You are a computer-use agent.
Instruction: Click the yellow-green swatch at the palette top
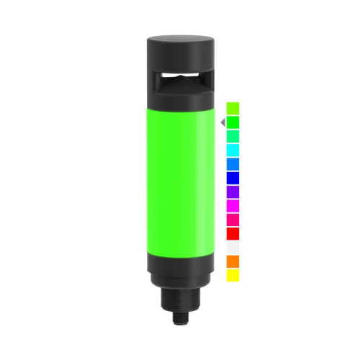[x=233, y=108]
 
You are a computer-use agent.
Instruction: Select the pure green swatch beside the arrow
[x=233, y=122]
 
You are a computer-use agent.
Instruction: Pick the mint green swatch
[x=233, y=136]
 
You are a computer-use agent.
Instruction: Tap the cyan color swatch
[x=233, y=150]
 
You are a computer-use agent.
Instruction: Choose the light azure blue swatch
[x=233, y=163]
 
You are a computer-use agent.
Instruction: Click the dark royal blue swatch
[x=233, y=178]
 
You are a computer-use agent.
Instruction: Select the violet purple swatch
[x=233, y=192]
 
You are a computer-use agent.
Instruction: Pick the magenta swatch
[x=233, y=205]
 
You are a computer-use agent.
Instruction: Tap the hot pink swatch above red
[x=233, y=220]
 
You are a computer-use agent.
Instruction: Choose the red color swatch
[x=233, y=233]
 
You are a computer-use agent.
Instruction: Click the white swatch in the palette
[x=233, y=247]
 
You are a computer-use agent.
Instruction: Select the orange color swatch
[x=233, y=261]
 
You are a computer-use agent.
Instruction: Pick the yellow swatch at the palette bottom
[x=233, y=275]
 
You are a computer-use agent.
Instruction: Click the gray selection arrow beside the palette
[x=222, y=122]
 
